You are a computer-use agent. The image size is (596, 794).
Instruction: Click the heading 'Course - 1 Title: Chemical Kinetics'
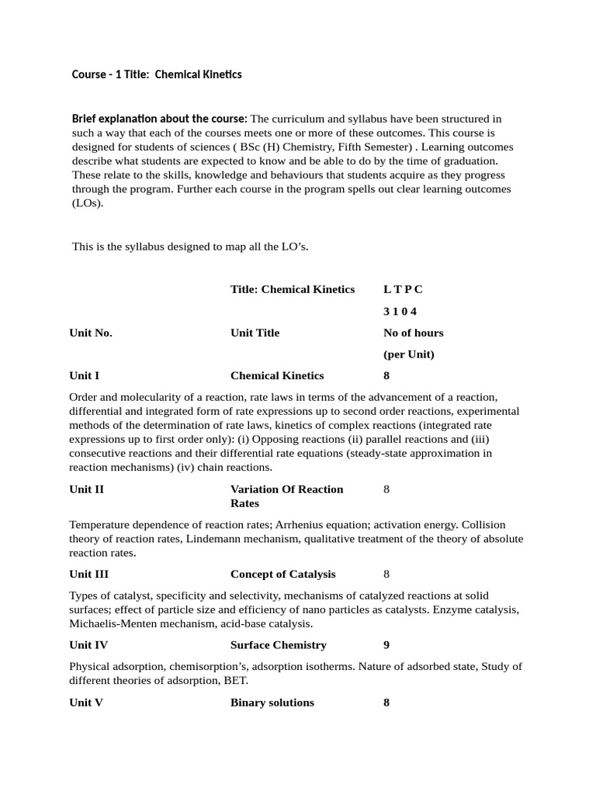[x=157, y=74]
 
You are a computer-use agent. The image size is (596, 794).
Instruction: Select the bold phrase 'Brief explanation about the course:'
[x=160, y=119]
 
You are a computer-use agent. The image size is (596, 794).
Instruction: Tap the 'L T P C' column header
[x=403, y=289]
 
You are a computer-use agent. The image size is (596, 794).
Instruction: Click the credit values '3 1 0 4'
[x=400, y=311]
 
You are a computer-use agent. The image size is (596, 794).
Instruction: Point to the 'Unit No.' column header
[x=91, y=333]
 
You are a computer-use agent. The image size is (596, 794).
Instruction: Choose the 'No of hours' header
[x=413, y=333]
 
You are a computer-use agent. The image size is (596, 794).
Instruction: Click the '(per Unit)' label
[x=408, y=354]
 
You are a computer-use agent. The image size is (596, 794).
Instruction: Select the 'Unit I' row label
[x=84, y=375]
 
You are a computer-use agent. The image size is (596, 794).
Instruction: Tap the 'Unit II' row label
[x=86, y=489]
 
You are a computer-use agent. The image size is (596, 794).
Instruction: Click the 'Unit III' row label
[x=88, y=574]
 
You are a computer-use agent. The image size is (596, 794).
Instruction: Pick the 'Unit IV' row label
[x=88, y=644]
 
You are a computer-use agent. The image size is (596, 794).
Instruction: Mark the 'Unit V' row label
[x=86, y=703]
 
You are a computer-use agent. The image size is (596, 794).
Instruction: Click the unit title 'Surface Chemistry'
[x=278, y=644]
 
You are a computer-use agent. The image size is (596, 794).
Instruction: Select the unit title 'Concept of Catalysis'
[x=282, y=574]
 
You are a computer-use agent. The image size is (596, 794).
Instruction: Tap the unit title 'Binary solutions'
[x=272, y=703]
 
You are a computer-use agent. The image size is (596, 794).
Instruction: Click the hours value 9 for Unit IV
[x=386, y=644]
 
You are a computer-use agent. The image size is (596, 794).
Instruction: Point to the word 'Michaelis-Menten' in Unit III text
[x=111, y=623]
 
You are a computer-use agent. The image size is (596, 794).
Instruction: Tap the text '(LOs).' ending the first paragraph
[x=87, y=204]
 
